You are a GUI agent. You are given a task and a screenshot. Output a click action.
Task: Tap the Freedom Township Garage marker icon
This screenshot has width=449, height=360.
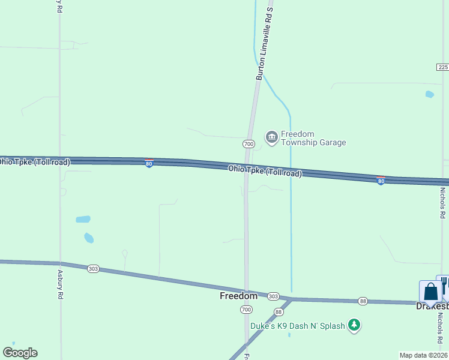click(271, 137)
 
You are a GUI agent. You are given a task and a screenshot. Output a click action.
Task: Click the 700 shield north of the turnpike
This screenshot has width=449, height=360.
click(249, 144)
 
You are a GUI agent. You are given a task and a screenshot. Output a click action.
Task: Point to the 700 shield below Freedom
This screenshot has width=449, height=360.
click(246, 310)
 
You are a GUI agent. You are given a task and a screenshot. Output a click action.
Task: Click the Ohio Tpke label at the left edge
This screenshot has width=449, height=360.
click(34, 162)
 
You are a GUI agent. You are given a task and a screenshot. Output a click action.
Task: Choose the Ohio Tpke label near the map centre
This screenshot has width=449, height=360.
click(264, 171)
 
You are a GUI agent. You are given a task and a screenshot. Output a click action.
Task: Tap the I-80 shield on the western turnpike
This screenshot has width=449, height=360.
click(149, 163)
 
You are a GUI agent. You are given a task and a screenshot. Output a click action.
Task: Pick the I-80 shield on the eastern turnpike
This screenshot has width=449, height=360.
click(381, 180)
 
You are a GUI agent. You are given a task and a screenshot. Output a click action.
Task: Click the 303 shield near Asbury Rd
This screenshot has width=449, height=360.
click(92, 269)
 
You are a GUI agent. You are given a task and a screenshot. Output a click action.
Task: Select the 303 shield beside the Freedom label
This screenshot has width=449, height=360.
click(273, 296)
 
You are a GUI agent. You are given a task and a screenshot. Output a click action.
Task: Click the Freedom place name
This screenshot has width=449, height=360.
click(238, 296)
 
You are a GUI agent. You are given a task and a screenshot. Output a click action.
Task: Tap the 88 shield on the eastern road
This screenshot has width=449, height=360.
click(363, 301)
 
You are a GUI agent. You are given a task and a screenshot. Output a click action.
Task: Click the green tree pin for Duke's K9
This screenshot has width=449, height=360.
click(355, 325)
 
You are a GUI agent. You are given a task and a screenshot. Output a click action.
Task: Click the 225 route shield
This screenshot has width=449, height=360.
click(442, 67)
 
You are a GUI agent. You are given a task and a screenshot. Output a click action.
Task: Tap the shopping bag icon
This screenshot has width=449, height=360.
click(430, 292)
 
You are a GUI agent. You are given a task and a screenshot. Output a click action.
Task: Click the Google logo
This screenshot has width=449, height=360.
click(20, 353)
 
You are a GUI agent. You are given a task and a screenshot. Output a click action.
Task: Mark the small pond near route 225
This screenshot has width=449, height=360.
click(429, 94)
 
